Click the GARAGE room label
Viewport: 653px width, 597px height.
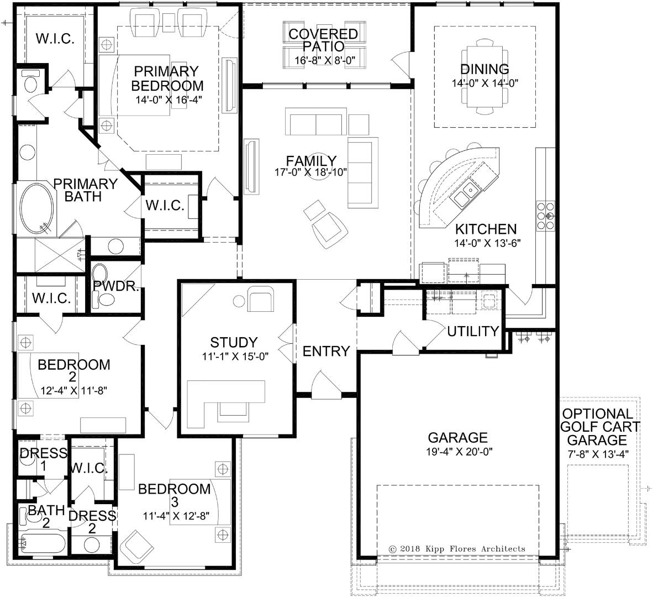(457, 437)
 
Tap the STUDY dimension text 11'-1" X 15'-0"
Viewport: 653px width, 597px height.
(235, 357)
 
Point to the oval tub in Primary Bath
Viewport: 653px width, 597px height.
(37, 208)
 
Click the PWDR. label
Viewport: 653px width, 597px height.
(116, 286)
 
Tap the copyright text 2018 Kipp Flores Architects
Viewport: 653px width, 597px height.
(457, 549)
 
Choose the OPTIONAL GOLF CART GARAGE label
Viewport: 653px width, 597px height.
(598, 427)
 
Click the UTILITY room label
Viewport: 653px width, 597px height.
(473, 331)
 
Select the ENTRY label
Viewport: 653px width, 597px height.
(326, 351)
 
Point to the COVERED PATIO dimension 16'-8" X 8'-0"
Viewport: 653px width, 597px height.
(325, 60)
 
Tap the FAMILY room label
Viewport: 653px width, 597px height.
(311, 160)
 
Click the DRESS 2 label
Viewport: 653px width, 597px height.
(92, 522)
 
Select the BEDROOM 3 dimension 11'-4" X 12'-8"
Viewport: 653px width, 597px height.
(176, 516)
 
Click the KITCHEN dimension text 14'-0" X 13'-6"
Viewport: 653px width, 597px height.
(488, 243)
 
